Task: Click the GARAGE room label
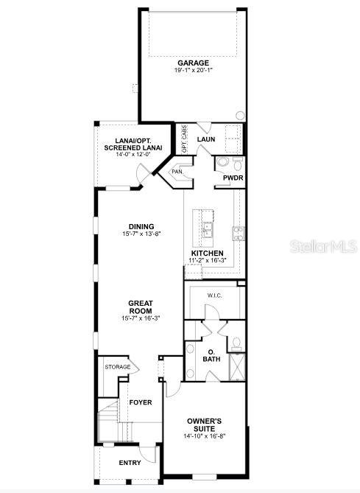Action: (x=192, y=63)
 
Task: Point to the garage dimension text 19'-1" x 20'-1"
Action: (x=192, y=71)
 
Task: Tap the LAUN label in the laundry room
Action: (x=205, y=139)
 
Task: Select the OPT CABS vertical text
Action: (x=185, y=139)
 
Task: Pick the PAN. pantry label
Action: (x=177, y=172)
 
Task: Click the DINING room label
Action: (x=141, y=226)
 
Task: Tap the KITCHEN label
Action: (x=208, y=253)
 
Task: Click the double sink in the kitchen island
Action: (x=208, y=228)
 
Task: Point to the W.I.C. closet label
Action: (x=214, y=296)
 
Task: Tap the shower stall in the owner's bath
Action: (x=237, y=365)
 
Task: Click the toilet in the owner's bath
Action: (x=236, y=343)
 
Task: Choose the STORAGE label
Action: (x=118, y=367)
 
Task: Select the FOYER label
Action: (x=140, y=402)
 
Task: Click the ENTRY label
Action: (x=130, y=463)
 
